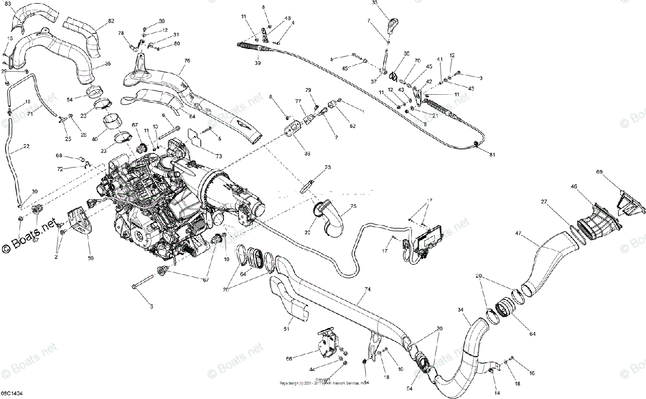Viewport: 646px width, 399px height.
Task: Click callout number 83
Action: tap(8, 4)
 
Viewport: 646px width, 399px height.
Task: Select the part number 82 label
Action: tap(111, 21)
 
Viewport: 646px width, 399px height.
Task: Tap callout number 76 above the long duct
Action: tap(187, 61)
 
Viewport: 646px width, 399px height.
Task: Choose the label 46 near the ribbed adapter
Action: tap(574, 186)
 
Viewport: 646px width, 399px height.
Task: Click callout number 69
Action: tap(599, 172)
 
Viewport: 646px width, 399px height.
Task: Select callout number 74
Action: tap(368, 289)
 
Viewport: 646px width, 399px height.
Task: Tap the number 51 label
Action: tap(286, 329)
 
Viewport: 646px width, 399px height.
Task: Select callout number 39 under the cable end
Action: tap(258, 63)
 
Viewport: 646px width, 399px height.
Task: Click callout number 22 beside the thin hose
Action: tap(26, 146)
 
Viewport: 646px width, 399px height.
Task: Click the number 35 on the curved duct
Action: tap(108, 64)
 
